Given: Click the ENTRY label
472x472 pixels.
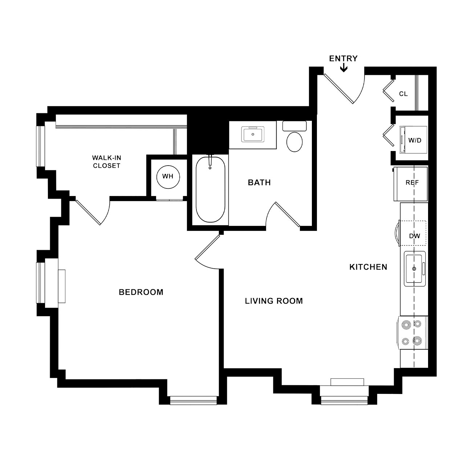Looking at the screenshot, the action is (x=343, y=58).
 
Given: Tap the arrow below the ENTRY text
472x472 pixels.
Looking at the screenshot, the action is (x=344, y=68).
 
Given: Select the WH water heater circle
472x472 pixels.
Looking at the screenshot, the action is (x=168, y=177).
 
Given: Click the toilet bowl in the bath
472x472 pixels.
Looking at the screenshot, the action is (x=294, y=142).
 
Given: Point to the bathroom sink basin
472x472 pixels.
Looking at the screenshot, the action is (x=253, y=134).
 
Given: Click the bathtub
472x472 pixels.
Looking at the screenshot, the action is (x=210, y=189).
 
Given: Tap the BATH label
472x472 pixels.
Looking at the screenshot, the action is (x=259, y=183).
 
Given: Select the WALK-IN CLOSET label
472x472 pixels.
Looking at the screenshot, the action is (x=106, y=162).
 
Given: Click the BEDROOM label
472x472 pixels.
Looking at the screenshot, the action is (x=141, y=292).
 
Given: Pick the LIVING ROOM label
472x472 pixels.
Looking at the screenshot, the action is (x=274, y=301).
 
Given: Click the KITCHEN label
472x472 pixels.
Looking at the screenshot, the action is (x=368, y=267).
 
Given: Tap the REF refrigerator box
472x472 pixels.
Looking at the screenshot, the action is (x=411, y=184).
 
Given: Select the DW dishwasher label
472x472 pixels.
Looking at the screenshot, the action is (x=414, y=236).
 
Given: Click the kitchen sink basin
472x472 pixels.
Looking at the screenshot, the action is (x=414, y=269).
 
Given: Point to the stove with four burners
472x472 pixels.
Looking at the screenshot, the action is (x=412, y=333).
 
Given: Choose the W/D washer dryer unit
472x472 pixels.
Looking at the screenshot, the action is (x=413, y=140).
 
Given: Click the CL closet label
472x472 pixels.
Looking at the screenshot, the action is (x=403, y=94).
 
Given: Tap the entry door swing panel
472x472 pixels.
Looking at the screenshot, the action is (x=338, y=89).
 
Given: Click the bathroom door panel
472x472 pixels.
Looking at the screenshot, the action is (x=288, y=215).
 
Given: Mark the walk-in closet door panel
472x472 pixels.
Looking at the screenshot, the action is (x=88, y=212).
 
